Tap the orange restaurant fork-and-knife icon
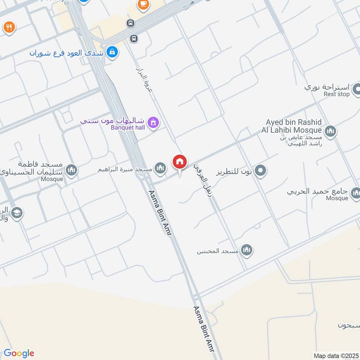pos(9,27)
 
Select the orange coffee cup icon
pos(143,4)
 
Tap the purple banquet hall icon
pos(153,122)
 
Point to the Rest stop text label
pos(337,94)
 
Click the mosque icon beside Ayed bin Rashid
pos(330,131)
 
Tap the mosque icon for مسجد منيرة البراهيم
pos(160,169)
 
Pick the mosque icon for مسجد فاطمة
pos(71,170)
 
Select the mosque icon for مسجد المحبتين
pos(246,250)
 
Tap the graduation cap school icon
pos(17,213)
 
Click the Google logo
pos(19,353)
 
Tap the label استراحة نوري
pos(326,86)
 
